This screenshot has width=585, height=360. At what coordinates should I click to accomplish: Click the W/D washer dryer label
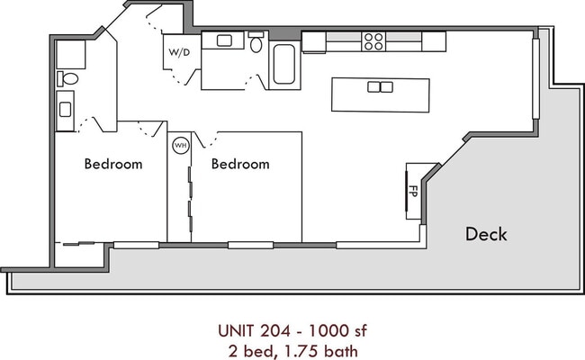[179, 52]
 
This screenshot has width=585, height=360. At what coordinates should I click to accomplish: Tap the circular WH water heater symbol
[181, 145]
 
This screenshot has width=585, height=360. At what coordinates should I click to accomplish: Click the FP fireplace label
[413, 191]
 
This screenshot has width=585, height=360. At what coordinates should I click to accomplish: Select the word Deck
[486, 234]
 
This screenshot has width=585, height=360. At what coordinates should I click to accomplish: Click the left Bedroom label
[113, 164]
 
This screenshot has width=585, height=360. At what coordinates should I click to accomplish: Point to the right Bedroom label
[240, 164]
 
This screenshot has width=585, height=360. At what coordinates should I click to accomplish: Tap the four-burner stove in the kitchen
[373, 41]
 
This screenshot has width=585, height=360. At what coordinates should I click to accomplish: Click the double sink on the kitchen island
[380, 87]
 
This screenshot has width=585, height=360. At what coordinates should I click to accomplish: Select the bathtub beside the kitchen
[283, 64]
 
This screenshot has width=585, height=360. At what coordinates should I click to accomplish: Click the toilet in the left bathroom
[67, 78]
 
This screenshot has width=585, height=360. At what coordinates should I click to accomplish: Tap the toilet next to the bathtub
[256, 41]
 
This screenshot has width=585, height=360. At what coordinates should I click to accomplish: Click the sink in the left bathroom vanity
[66, 110]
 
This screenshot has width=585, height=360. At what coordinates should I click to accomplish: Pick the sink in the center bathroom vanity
[224, 40]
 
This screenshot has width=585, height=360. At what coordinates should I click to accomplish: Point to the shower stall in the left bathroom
[71, 55]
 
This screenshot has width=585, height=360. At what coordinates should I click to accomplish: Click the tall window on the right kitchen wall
[535, 78]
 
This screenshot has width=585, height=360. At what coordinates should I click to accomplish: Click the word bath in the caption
[340, 351]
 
